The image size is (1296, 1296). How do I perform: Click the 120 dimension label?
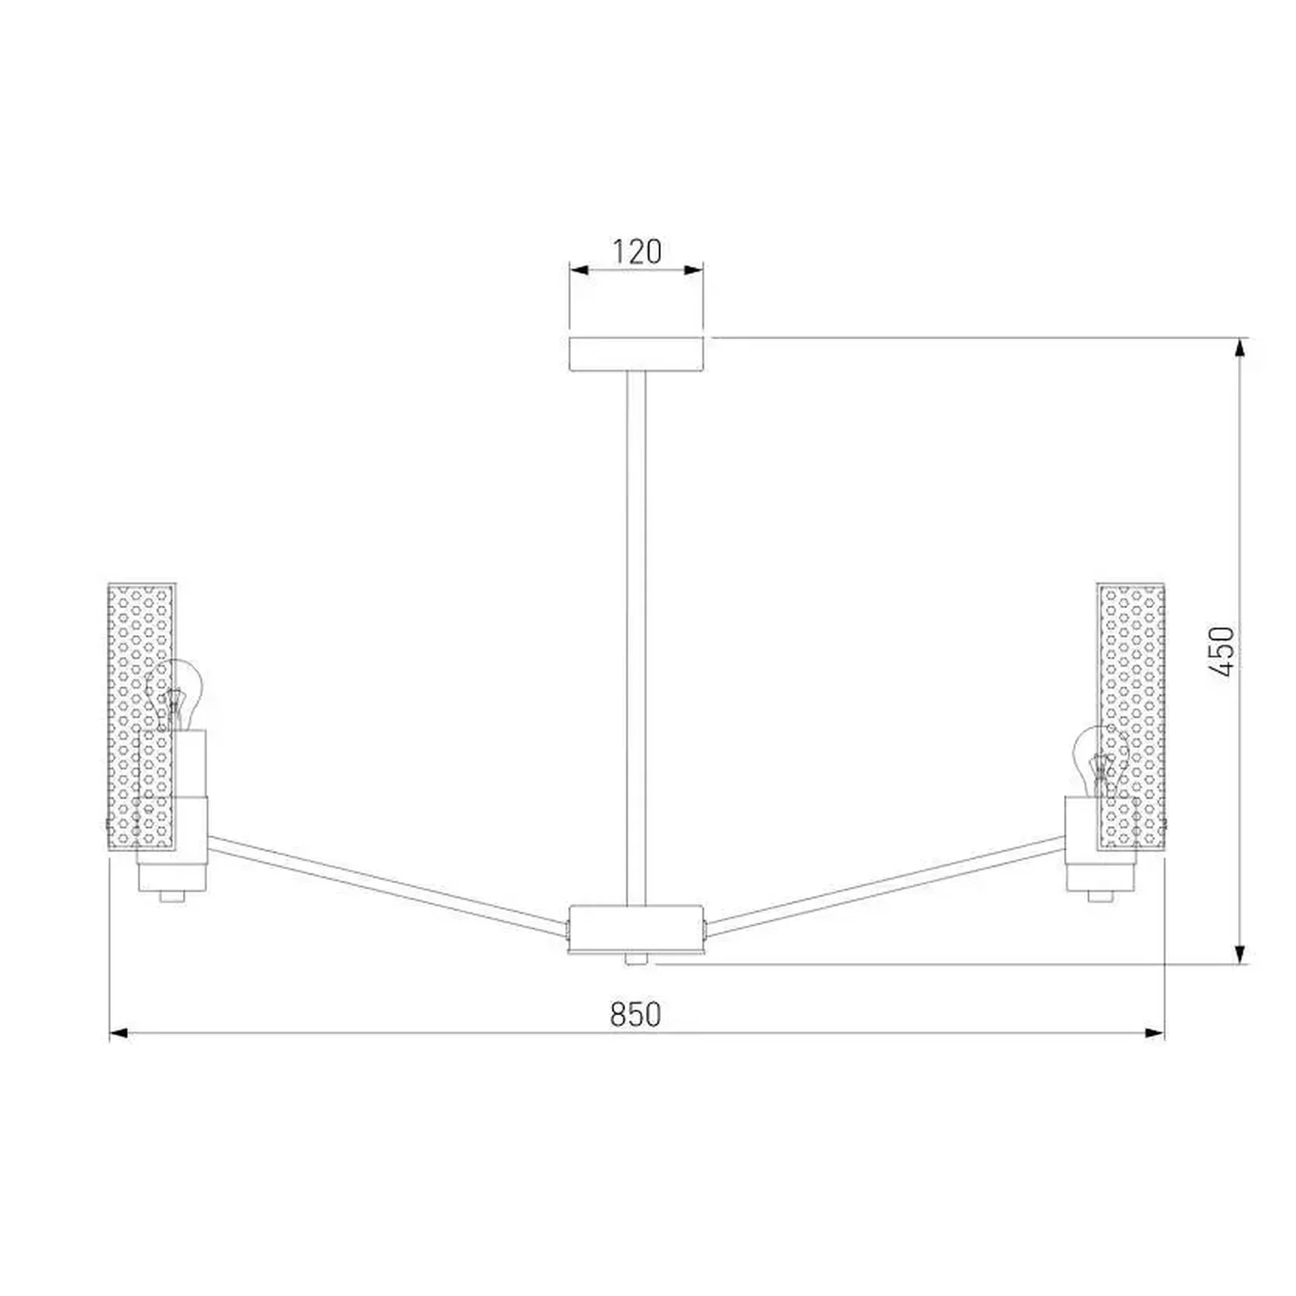pos(637,252)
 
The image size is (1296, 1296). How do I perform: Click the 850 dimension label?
pos(636,1014)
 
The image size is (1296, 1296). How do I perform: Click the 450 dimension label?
pos(1221,651)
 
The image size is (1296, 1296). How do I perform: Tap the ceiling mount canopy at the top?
pos(637,354)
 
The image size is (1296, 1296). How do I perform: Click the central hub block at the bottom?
pos(636,930)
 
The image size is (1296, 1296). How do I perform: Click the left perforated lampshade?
pos(142,717)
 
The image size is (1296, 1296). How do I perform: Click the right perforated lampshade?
pos(1131,717)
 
